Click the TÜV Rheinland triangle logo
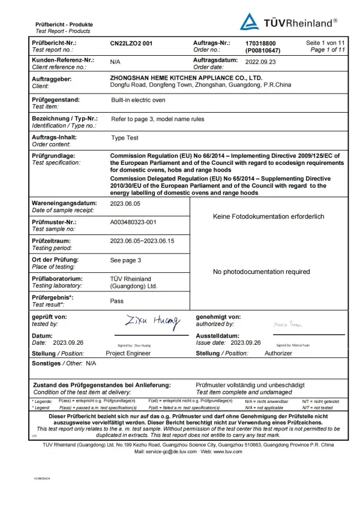click(x=250, y=22)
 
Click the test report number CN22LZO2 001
click(x=131, y=44)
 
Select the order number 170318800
click(x=261, y=44)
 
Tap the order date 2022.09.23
click(x=260, y=61)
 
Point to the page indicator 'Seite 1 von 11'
click(x=325, y=43)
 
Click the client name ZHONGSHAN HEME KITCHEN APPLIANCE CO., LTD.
click(x=187, y=78)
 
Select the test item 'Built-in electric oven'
click(x=138, y=100)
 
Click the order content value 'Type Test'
click(x=125, y=138)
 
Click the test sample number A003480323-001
click(x=133, y=222)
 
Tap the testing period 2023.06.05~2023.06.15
click(x=142, y=241)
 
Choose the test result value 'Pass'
click(x=117, y=301)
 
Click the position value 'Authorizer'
click(x=278, y=354)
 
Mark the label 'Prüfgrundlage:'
click(x=54, y=155)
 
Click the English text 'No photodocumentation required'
click(x=262, y=272)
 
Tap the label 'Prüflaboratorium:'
click(x=57, y=279)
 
